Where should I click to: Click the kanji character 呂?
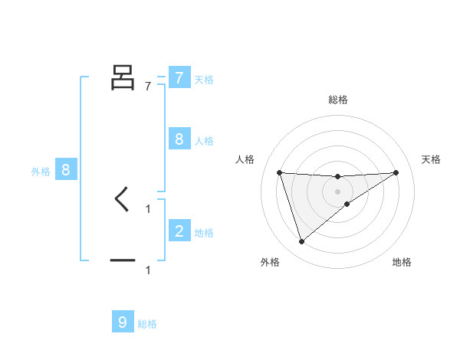[123, 77]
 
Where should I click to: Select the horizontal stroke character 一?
[123, 261]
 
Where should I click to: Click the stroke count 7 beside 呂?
[148, 87]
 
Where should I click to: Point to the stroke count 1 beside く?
[148, 208]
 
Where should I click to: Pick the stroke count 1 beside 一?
[148, 270]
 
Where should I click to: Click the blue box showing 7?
[179, 78]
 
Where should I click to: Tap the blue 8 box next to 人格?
[179, 139]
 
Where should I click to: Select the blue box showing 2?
[179, 231]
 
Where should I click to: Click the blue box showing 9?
[123, 322]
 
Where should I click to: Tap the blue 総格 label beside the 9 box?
[147, 324]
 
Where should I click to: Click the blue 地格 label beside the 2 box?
[204, 233]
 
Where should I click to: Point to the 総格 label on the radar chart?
[338, 100]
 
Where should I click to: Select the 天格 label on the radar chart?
[432, 159]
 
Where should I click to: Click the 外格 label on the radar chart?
[270, 262]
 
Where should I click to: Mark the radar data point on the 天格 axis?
[396, 172]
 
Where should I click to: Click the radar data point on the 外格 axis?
[301, 242]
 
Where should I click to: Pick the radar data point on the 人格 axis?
[279, 172]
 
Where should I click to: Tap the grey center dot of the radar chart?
[338, 191]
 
